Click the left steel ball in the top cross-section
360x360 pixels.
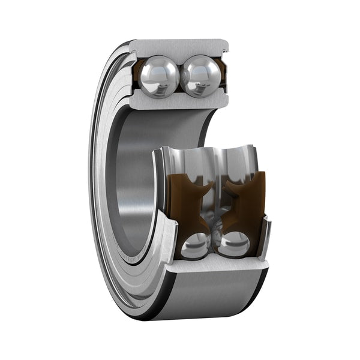coord(159,76)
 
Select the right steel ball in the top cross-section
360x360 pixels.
coord(200,76)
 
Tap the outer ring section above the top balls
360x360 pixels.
coord(179,47)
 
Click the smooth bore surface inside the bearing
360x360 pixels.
coord(129,180)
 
